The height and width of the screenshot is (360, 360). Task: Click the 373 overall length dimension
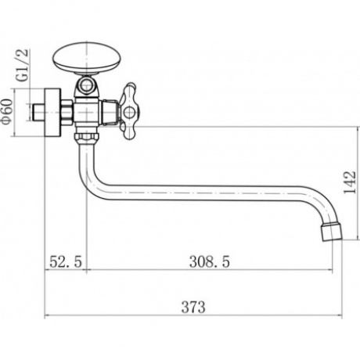pos(193,308)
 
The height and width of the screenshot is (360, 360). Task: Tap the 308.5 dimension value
pos(210,261)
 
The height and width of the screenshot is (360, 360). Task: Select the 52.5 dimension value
pos(66,261)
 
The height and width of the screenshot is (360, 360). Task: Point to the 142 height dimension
pos(350,182)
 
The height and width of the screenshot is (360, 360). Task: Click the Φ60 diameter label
pos(6,112)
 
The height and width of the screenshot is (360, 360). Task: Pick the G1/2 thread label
pos(23,66)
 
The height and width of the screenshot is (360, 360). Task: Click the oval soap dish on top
pos(88,59)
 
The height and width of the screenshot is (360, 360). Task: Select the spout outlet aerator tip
pos(332,232)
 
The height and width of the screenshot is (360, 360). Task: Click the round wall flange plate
pos(52,112)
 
